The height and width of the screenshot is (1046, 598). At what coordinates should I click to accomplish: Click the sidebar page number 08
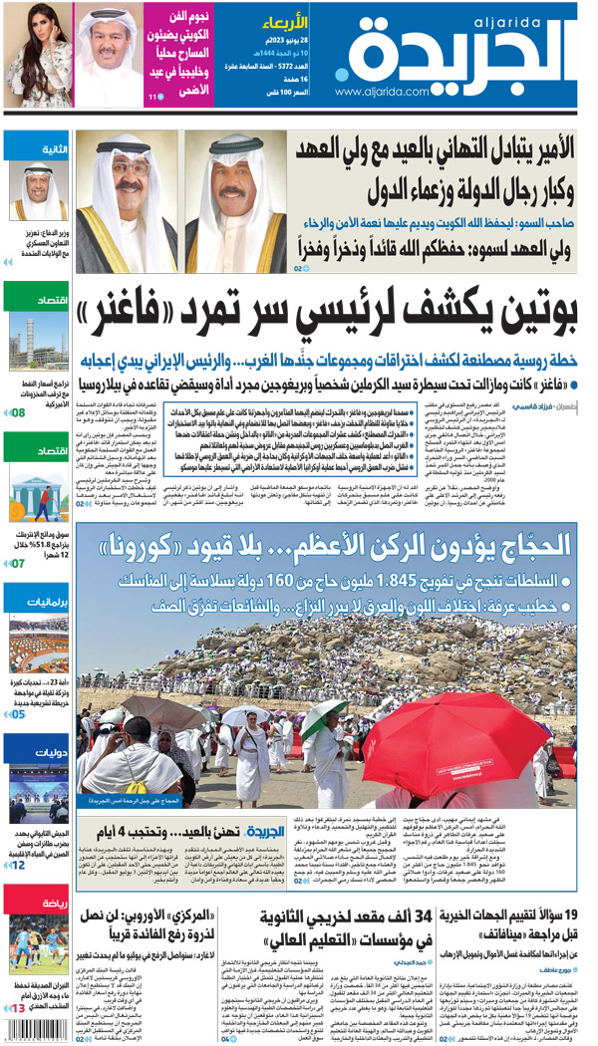pyautogui.click(x=18, y=410)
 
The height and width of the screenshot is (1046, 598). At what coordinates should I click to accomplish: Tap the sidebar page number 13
pyautogui.click(x=18, y=1009)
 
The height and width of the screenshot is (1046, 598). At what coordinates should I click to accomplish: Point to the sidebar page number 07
pyautogui.click(x=18, y=563)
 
